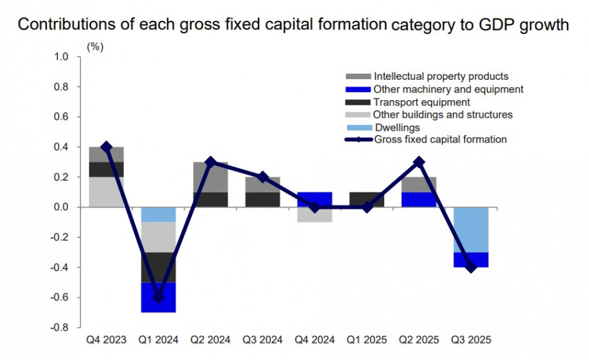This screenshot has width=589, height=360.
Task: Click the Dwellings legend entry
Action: click(x=397, y=127)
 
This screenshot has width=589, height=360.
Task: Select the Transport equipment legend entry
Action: click(x=421, y=102)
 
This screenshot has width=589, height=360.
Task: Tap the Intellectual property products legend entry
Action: click(x=440, y=77)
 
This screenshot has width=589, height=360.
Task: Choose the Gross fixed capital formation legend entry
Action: click(x=440, y=139)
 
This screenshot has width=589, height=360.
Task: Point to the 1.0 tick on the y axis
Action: click(x=60, y=57)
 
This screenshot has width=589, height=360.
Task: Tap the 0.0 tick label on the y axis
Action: click(x=60, y=207)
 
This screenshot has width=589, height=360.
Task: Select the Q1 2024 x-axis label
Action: click(x=158, y=340)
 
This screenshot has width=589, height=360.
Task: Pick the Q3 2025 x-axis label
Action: click(x=471, y=340)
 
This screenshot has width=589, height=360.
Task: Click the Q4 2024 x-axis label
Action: click(x=314, y=340)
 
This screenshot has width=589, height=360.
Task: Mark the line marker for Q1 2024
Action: click(x=158, y=297)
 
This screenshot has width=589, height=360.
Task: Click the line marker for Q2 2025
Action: click(x=419, y=162)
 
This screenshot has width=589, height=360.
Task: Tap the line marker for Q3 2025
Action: click(x=471, y=267)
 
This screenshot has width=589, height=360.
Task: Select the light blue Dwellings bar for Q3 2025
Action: click(x=471, y=230)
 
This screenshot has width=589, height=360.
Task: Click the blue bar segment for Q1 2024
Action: click(x=158, y=297)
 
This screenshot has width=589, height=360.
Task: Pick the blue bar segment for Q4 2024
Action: click(x=314, y=200)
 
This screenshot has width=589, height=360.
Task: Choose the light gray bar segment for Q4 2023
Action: click(x=107, y=192)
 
